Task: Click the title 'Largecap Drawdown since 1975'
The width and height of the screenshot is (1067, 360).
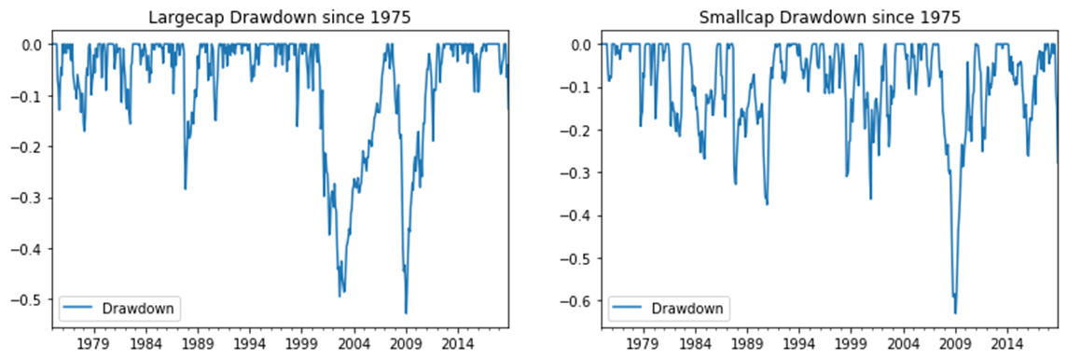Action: [281, 18]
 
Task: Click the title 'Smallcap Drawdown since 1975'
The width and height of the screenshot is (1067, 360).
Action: [830, 18]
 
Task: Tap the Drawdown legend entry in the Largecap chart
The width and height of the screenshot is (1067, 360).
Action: [121, 307]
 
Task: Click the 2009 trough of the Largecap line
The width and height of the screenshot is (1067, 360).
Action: [406, 313]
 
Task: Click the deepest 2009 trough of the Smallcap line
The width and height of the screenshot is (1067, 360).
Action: [954, 313]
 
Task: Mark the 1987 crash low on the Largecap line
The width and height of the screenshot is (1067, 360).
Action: [185, 189]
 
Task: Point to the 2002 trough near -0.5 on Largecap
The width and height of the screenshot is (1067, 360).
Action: [339, 297]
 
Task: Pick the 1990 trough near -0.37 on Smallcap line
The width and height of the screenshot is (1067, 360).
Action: [767, 203]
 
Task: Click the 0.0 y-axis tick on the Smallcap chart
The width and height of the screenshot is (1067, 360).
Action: [579, 45]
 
